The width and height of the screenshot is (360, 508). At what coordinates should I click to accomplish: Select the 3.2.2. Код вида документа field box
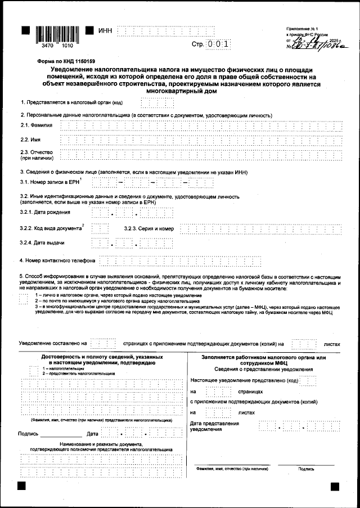100,228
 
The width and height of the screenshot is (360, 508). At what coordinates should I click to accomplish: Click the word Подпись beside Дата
28,434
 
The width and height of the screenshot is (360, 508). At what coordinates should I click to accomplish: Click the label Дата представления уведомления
211,426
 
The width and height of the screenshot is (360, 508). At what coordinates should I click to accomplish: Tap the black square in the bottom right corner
335,485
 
